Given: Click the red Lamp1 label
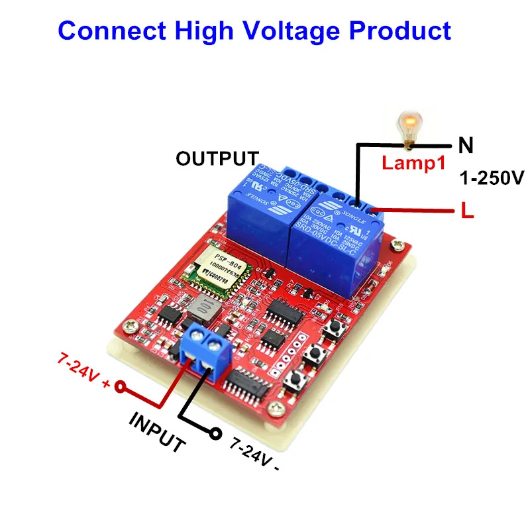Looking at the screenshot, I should [412, 162].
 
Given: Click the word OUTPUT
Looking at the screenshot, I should [217, 159].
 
